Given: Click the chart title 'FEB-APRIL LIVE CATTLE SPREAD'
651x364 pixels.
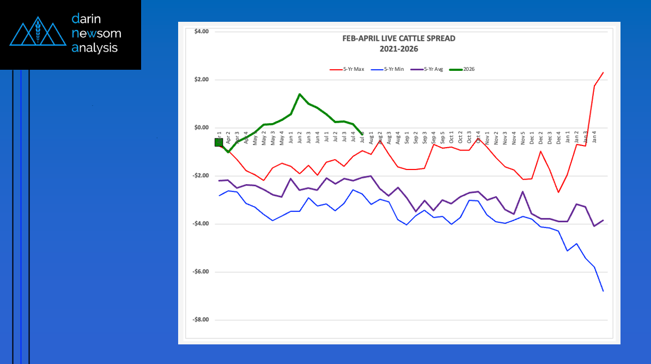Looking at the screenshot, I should (398, 39).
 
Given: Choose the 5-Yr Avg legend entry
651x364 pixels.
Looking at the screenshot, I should (428, 69).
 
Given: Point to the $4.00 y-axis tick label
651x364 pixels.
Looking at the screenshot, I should (201, 32).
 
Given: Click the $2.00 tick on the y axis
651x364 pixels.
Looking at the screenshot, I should (201, 80).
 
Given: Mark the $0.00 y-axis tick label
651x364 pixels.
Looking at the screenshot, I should (201, 128).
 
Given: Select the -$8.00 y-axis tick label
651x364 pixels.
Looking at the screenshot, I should (200, 320).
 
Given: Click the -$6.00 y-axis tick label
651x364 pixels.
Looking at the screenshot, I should (200, 272).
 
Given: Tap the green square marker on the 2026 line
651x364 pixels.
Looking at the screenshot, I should (219, 142).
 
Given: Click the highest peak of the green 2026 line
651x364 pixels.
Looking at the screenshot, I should (300, 94).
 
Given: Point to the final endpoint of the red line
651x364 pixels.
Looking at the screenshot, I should (603, 72).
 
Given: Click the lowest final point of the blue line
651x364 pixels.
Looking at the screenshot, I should (603, 291).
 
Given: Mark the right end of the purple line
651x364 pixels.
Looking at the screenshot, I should (603, 220).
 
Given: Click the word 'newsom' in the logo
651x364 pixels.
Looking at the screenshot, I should (96, 34).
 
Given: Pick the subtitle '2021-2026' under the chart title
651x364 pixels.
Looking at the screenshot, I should (398, 48).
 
